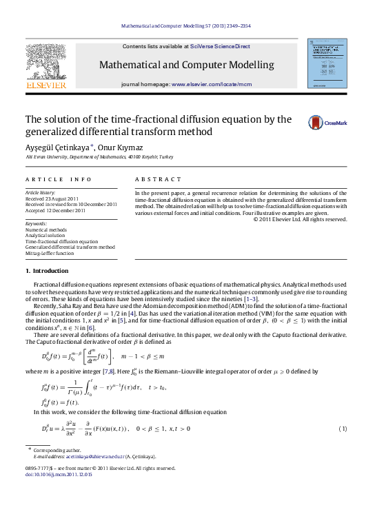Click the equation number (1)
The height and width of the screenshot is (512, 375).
(x=343, y=430)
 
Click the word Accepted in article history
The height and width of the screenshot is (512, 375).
(x=37, y=210)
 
